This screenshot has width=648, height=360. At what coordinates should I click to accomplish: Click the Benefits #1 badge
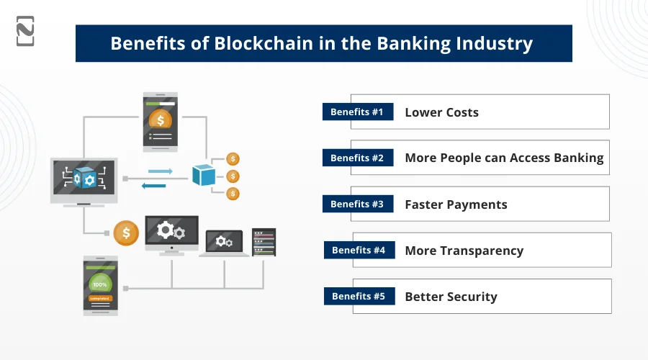coord(358,112)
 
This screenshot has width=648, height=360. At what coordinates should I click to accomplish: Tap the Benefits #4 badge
coord(359,251)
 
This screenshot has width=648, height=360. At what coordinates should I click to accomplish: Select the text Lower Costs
coord(441,112)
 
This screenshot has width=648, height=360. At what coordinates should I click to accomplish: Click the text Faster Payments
coord(456,204)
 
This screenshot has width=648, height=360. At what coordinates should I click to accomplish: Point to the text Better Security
coord(451,297)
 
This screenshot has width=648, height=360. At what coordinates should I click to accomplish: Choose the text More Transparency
coord(464,251)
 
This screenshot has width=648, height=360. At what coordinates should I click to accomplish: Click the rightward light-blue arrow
coord(161,171)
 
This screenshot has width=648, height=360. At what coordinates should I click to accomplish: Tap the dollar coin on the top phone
coord(160,119)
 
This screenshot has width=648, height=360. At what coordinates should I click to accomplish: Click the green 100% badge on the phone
coord(100,282)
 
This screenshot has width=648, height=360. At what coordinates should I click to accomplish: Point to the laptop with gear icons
coord(224,242)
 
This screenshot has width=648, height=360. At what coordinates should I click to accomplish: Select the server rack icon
coord(264,242)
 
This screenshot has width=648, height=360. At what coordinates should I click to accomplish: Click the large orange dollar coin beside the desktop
coord(126,233)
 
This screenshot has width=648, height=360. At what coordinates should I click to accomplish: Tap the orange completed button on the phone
coord(100,297)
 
